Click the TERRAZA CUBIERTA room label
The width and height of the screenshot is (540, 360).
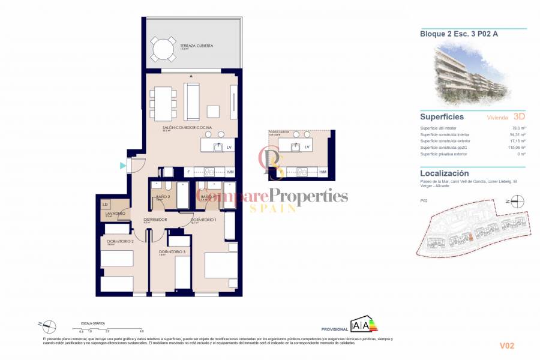tap(196, 46)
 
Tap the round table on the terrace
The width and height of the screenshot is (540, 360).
tap(163, 49)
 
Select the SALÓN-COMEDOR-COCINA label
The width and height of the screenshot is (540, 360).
tap(184, 128)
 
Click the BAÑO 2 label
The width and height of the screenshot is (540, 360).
tap(164, 197)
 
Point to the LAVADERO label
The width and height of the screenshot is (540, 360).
tap(115, 214)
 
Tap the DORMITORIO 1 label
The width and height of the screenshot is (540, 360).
tap(203, 220)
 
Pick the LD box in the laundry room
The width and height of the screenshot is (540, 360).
tap(106, 205)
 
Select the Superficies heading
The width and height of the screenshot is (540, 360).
tap(442, 116)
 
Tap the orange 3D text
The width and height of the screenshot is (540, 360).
tap(520, 116)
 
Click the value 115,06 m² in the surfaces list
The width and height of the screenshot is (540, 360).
tap(516, 148)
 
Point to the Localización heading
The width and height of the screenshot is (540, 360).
tap(445, 173)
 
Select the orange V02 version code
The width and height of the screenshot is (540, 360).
tap(507, 346)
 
